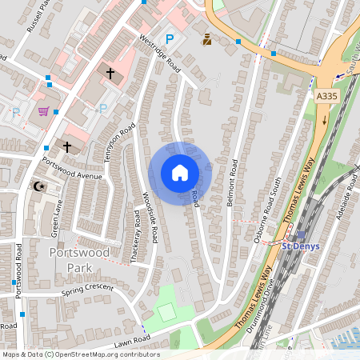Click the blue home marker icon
point(180,173)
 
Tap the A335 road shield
point(326,96)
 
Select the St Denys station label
point(300,246)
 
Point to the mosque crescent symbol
point(38,186)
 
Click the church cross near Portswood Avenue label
point(67,146)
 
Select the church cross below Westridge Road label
point(110,74)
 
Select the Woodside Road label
point(150,217)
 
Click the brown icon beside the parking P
point(206,38)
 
